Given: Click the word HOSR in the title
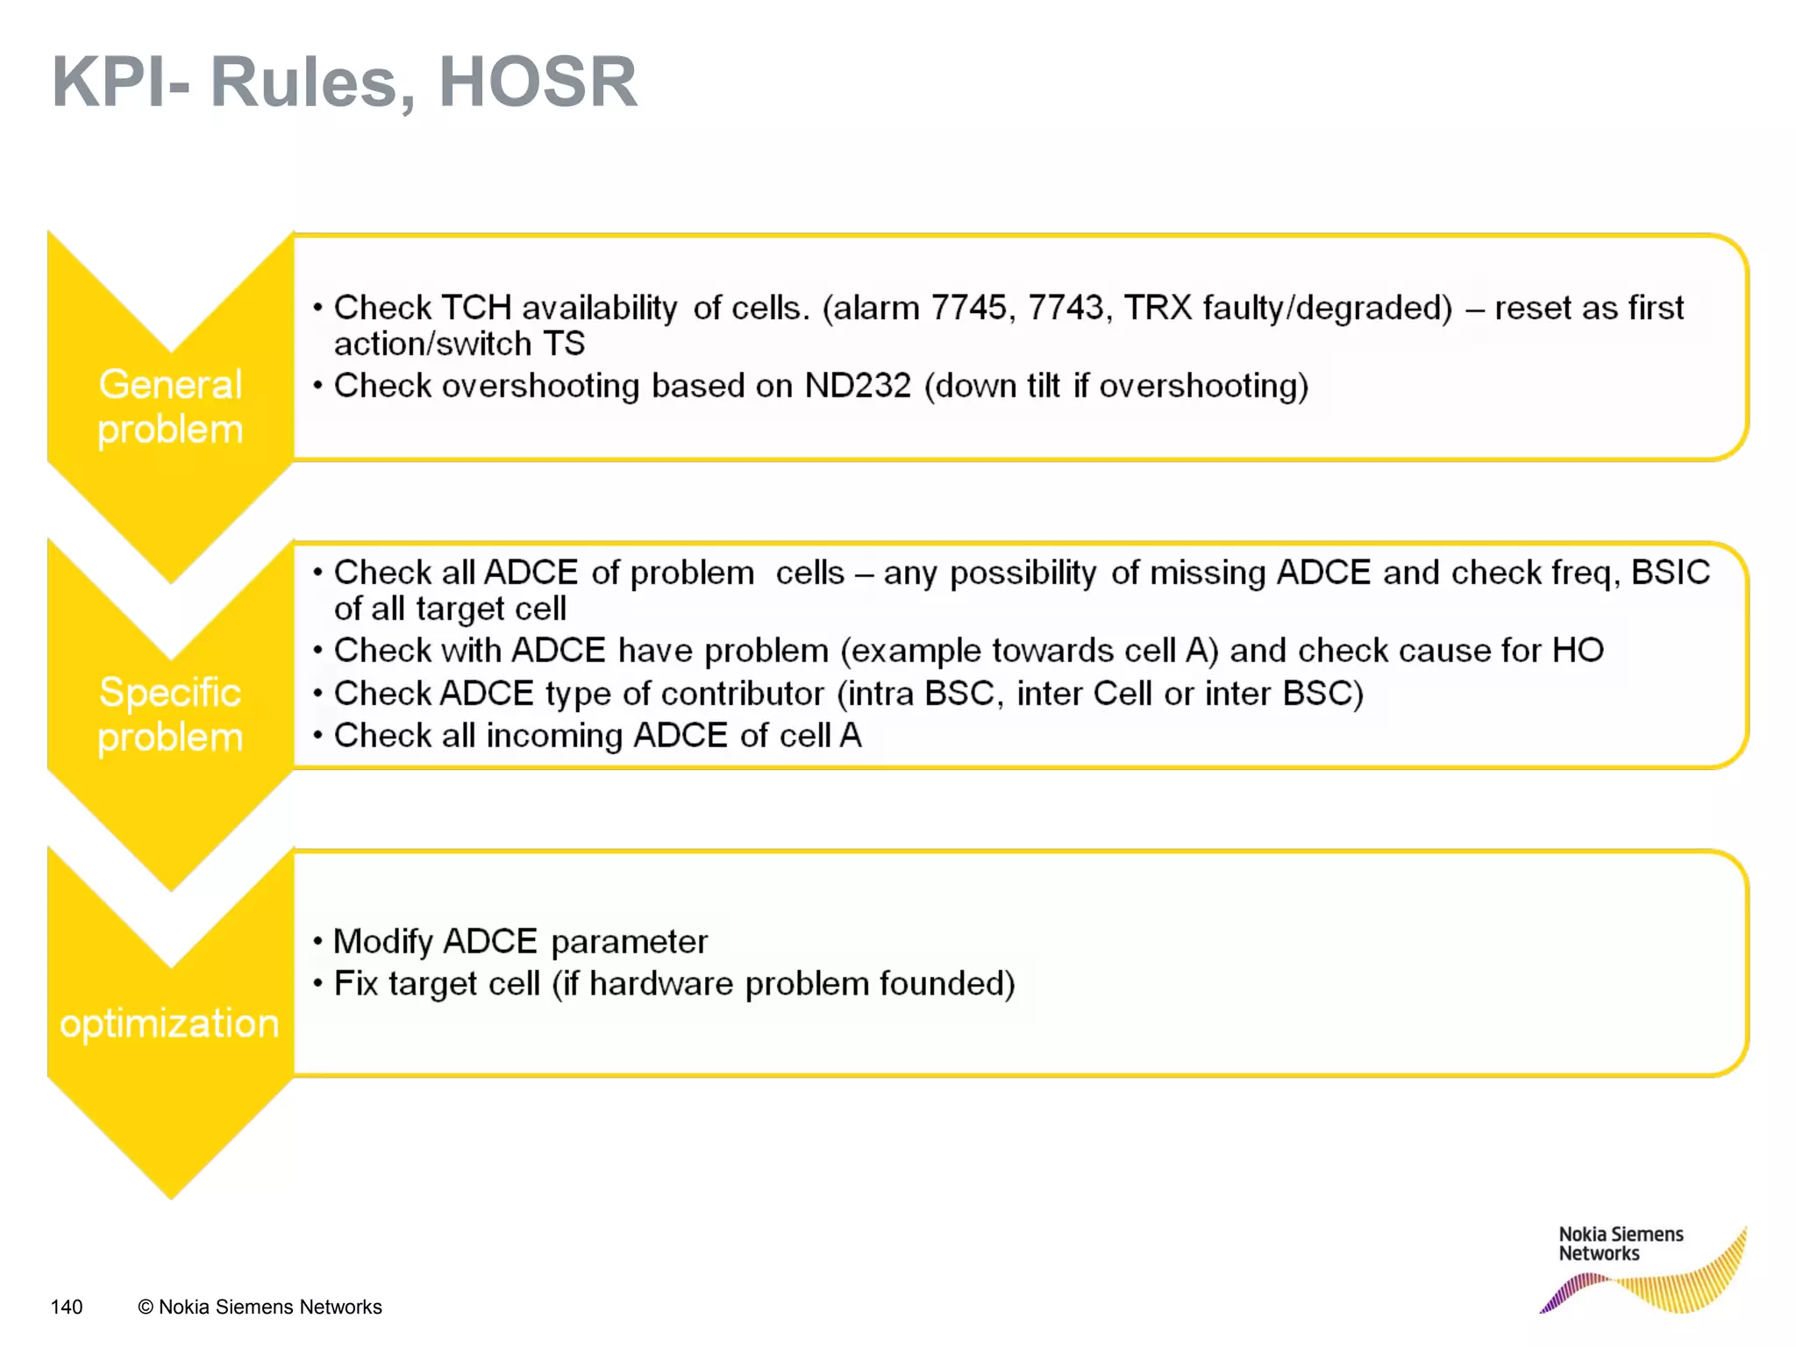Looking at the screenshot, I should pos(538,82).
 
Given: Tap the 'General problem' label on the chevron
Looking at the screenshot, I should pos(170,407).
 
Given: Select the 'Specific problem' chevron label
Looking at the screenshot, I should pos(170,715).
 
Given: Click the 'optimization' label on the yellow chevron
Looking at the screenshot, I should pos(169,1023).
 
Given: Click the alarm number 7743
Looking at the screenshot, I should pos(1065,308).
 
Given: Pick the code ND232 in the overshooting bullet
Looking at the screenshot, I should pos(858,386).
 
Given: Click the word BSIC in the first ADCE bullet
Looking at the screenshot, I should pos(1670,573).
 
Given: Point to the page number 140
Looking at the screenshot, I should pos(67,1307).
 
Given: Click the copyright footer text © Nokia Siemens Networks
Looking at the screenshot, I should pos(260,1307).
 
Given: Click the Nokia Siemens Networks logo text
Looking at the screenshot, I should pos(1620,1244).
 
